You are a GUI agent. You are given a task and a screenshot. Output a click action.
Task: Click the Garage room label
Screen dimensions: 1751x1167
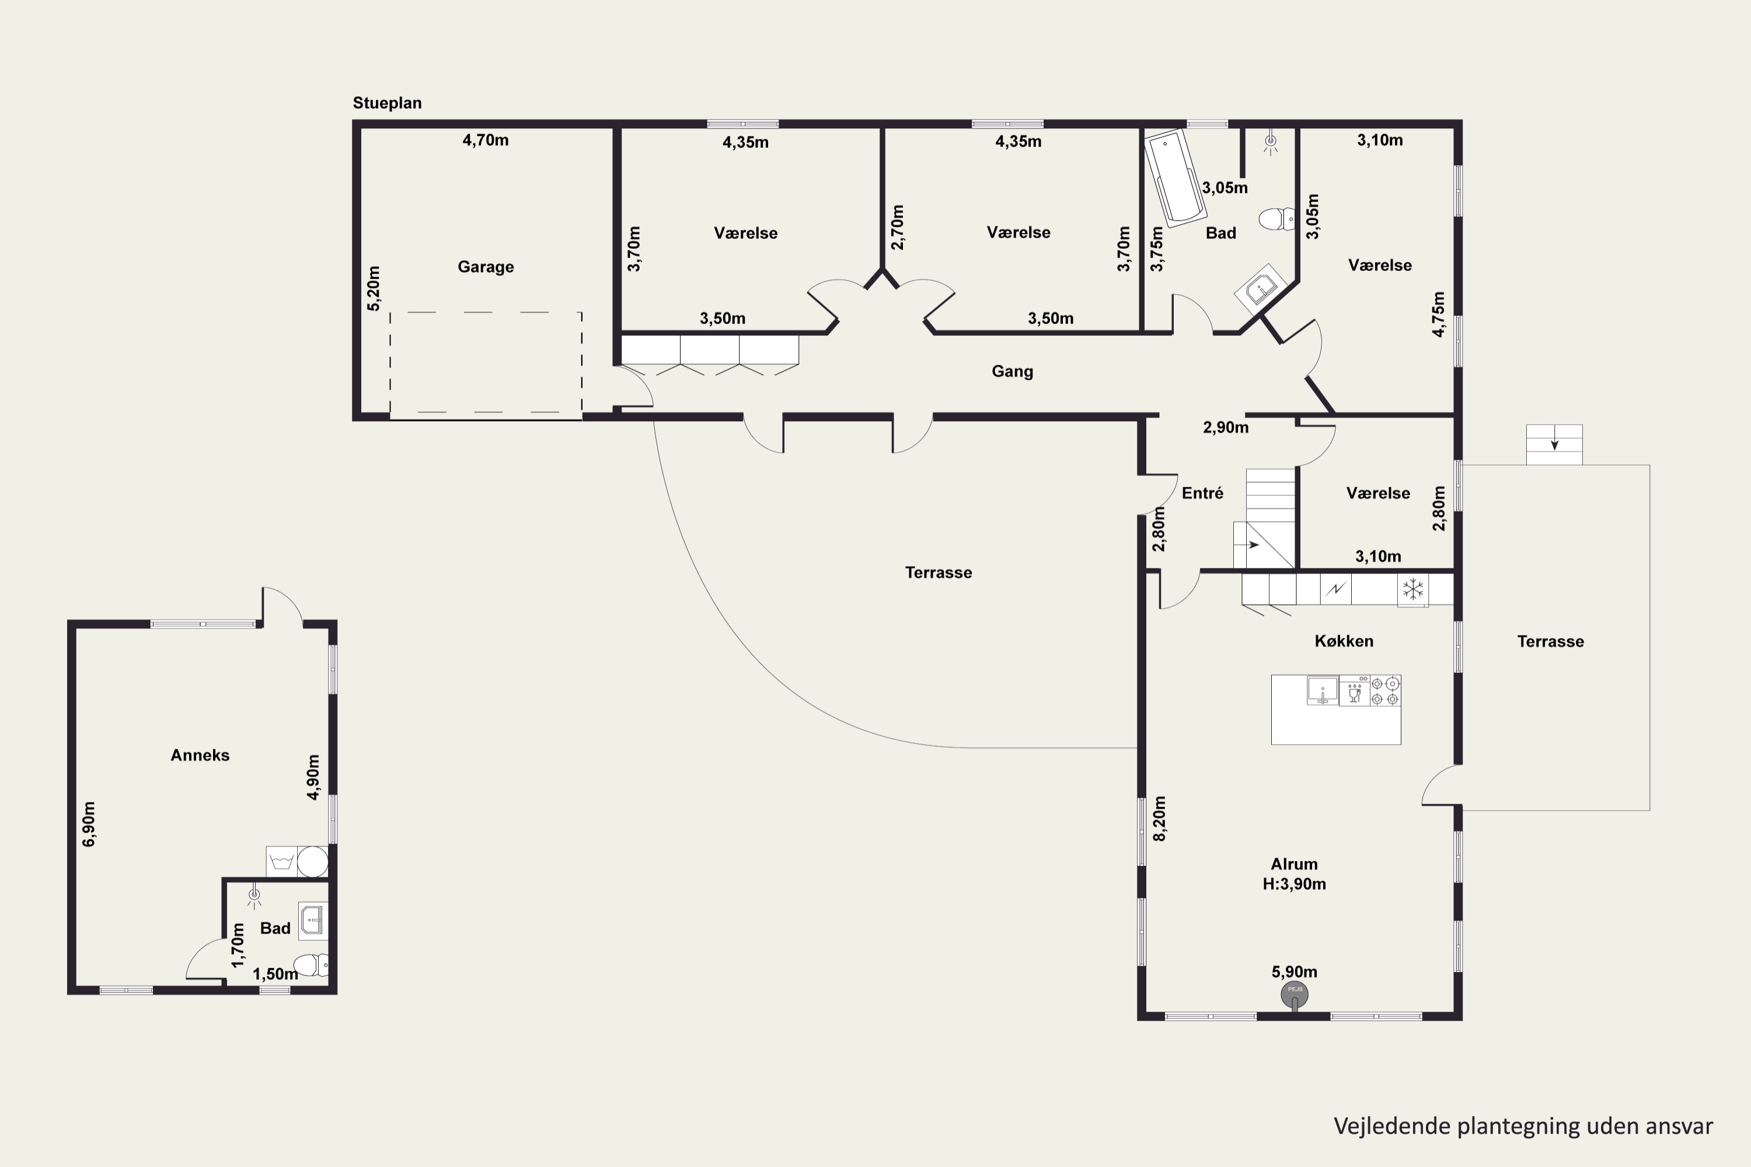click(x=486, y=267)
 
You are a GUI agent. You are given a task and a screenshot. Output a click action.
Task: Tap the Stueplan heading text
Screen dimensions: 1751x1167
click(x=387, y=103)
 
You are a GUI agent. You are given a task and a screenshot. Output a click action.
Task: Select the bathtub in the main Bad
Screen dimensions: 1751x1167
click(x=1175, y=179)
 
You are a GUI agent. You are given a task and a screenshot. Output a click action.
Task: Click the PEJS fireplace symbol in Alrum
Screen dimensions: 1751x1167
click(x=1295, y=994)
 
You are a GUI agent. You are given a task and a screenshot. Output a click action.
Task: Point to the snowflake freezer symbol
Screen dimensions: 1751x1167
click(x=1412, y=589)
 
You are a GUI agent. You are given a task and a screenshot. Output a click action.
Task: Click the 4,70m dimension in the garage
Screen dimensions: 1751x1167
click(x=486, y=140)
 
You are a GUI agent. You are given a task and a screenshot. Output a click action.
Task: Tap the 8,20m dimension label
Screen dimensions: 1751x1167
click(x=1159, y=819)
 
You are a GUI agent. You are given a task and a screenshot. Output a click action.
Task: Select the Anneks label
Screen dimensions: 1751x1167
click(x=200, y=754)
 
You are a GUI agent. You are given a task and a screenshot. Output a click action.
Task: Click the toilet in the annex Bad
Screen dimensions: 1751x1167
click(x=312, y=965)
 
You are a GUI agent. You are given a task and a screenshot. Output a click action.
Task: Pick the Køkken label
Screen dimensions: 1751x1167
click(x=1344, y=641)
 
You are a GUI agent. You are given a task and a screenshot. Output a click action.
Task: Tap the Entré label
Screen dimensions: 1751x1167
click(x=1202, y=492)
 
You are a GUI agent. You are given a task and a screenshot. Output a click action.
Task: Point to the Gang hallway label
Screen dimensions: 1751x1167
click(x=1013, y=371)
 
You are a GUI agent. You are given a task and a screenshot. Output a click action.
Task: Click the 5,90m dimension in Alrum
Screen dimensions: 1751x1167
click(x=1295, y=972)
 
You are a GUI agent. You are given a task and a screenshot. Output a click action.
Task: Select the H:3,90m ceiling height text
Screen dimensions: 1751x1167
click(x=1294, y=883)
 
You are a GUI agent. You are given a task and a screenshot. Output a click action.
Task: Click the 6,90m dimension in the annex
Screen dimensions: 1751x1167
click(x=89, y=824)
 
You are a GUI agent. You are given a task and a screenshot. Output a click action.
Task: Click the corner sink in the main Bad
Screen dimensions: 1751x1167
click(x=1260, y=286)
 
